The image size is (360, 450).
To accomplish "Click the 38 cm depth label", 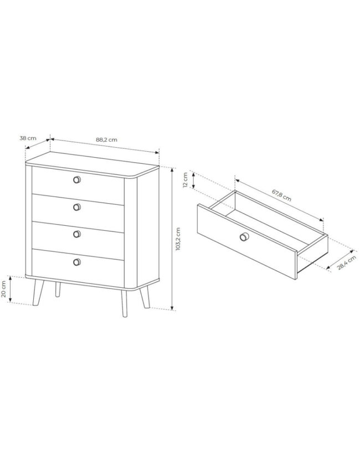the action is click(28, 138).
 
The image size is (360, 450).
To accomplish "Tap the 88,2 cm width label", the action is click(106, 140).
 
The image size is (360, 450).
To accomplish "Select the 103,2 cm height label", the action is click(178, 239).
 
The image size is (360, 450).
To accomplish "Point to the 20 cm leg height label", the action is click(4, 289).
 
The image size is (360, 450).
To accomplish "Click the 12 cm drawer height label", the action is click(185, 180).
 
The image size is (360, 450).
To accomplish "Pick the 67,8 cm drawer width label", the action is click(281, 195).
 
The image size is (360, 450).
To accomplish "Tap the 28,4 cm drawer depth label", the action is click(346, 262).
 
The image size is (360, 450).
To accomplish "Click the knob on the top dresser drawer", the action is click(76, 180).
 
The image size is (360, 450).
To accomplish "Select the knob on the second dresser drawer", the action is click(76, 207).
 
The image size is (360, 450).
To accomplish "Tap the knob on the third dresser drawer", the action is click(76, 234).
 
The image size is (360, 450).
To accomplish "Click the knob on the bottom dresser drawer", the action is click(76, 262).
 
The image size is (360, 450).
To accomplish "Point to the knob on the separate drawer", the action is click(244, 236).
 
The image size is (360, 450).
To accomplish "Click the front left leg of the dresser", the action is click(38, 293).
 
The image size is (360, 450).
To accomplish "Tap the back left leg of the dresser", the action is click(58, 289).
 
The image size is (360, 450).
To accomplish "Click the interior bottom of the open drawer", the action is click(269, 229).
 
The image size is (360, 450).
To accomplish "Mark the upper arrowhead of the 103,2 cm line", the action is click(172, 169).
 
